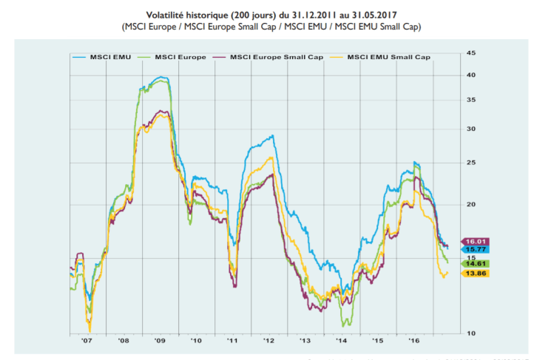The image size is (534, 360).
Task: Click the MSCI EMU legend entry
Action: click(x=109, y=56)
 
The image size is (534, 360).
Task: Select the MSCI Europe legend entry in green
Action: click(x=175, y=56)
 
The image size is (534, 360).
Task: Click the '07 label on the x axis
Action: click(x=87, y=341)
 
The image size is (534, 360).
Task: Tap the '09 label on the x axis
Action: click(x=160, y=341)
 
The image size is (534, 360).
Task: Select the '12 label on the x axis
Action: click(x=268, y=341)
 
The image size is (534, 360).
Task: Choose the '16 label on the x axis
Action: click(x=413, y=341)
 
